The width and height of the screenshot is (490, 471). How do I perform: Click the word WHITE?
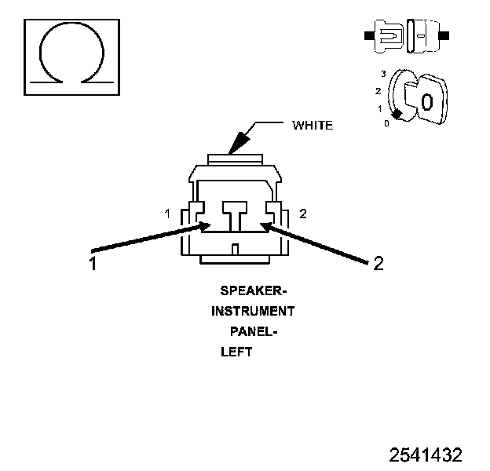(x=312, y=125)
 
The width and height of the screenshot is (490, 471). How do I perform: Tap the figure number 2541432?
(x=426, y=455)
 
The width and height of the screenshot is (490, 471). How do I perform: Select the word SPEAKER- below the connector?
(x=248, y=291)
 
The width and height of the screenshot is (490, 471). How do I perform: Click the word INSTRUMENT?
(x=253, y=312)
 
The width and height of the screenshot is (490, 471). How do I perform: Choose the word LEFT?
(x=236, y=352)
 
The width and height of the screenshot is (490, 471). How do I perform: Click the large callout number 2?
(x=378, y=264)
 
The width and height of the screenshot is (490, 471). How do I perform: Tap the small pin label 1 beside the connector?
(x=167, y=214)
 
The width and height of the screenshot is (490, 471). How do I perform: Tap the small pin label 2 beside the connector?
(x=304, y=214)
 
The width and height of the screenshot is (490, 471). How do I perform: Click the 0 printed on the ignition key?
(x=426, y=102)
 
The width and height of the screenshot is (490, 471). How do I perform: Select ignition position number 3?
(x=382, y=73)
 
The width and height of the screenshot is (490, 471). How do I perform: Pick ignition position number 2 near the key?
(x=378, y=91)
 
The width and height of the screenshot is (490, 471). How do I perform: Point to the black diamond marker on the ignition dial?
(x=397, y=115)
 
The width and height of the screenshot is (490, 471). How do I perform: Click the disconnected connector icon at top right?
(x=406, y=35)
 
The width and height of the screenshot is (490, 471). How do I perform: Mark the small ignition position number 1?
(x=379, y=108)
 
